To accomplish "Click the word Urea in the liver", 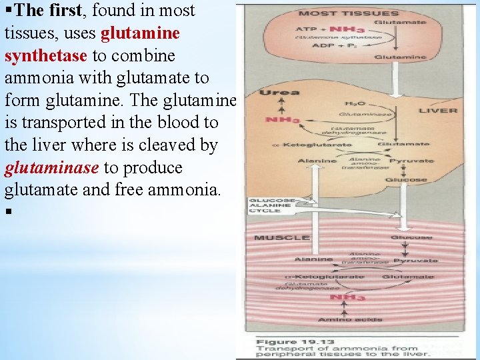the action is click(x=270, y=93).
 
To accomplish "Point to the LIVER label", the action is click(x=438, y=111).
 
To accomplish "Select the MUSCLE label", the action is click(x=281, y=237).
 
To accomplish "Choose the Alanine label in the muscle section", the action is click(x=313, y=259).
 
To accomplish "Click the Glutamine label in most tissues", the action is click(x=401, y=58).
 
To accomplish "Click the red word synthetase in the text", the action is click(x=45, y=55).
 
